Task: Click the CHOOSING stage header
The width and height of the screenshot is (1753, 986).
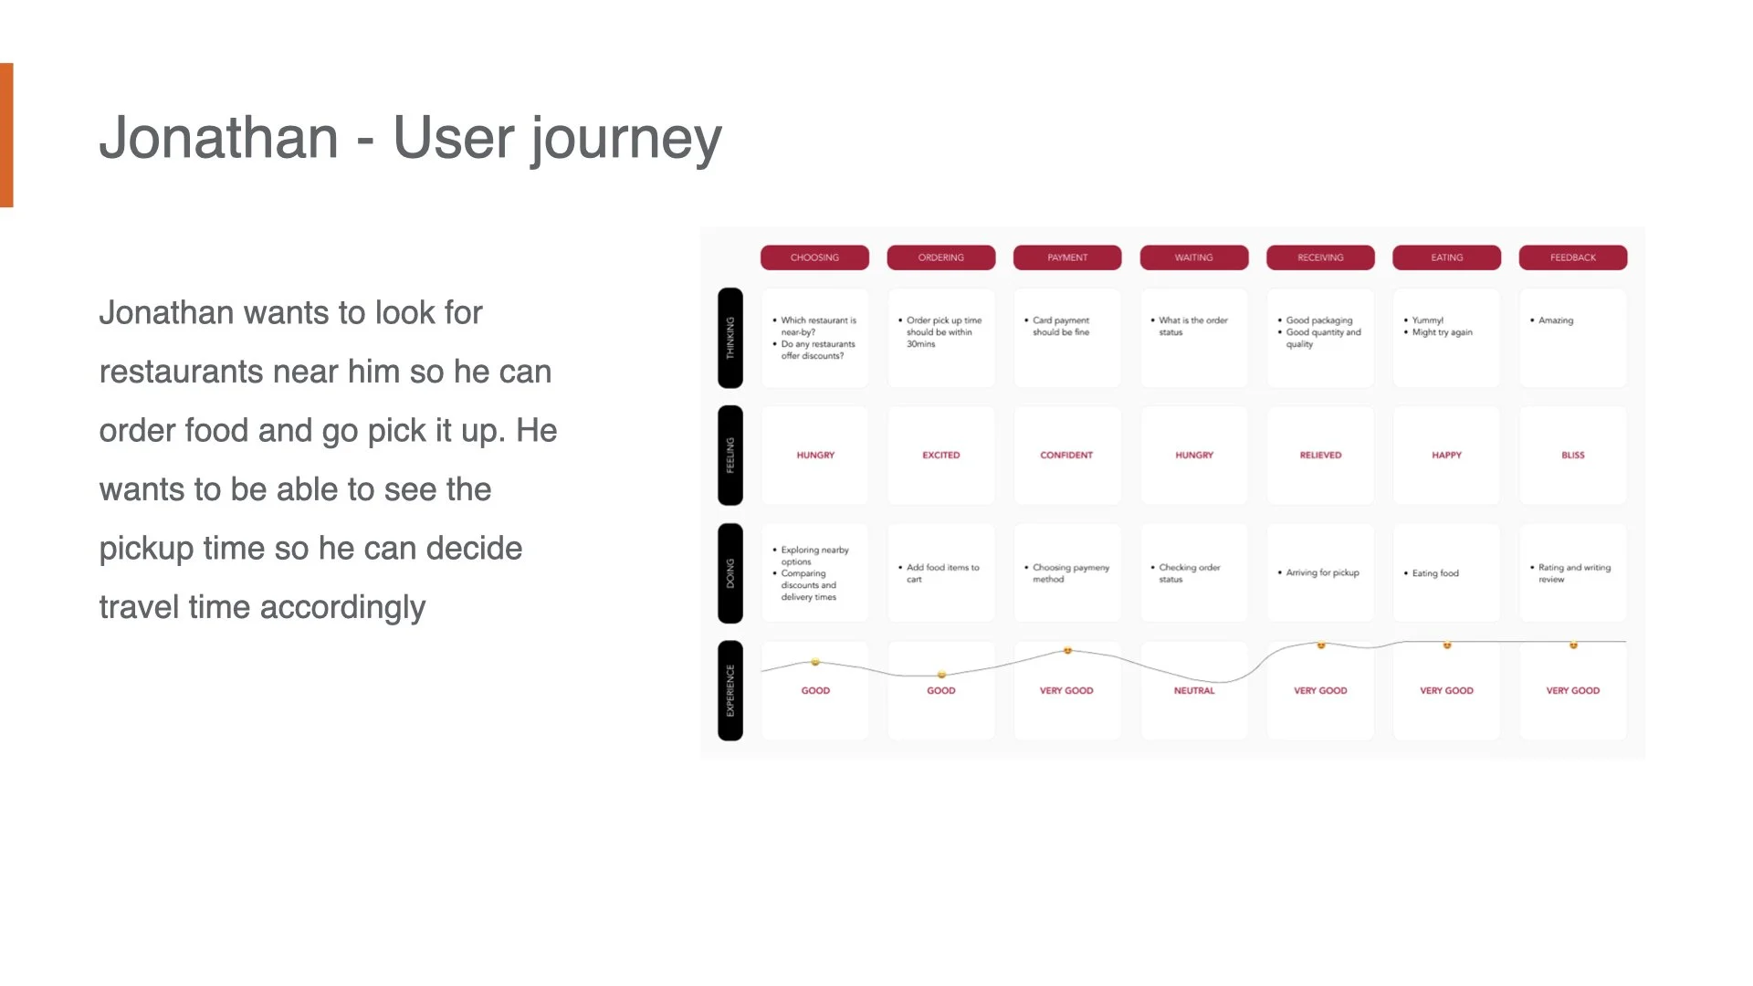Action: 814,257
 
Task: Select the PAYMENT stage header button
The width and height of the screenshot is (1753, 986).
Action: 1066,257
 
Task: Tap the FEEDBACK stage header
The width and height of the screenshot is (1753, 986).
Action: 1572,257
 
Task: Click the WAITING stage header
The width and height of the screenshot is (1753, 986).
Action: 1193,257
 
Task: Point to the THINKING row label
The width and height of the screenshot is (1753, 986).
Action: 730,338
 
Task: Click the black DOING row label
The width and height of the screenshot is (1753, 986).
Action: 730,573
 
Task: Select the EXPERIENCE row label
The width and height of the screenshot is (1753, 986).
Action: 730,690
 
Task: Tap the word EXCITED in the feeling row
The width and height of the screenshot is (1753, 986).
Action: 940,455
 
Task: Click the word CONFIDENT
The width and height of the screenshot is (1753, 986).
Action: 1066,455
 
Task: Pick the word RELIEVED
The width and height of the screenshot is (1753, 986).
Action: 1320,455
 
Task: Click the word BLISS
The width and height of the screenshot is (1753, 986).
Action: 1572,455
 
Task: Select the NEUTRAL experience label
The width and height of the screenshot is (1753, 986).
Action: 1193,691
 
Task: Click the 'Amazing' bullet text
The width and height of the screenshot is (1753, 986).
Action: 1555,320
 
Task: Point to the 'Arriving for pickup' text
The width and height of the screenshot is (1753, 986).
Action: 1322,573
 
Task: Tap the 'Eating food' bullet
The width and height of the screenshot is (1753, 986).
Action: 1435,573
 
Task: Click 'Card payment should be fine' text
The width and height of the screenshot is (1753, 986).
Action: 1060,327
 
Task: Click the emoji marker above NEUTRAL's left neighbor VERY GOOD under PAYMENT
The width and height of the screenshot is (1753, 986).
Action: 1067,651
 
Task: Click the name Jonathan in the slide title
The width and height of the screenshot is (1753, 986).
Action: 219,139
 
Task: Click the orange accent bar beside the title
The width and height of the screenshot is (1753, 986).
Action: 6,135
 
